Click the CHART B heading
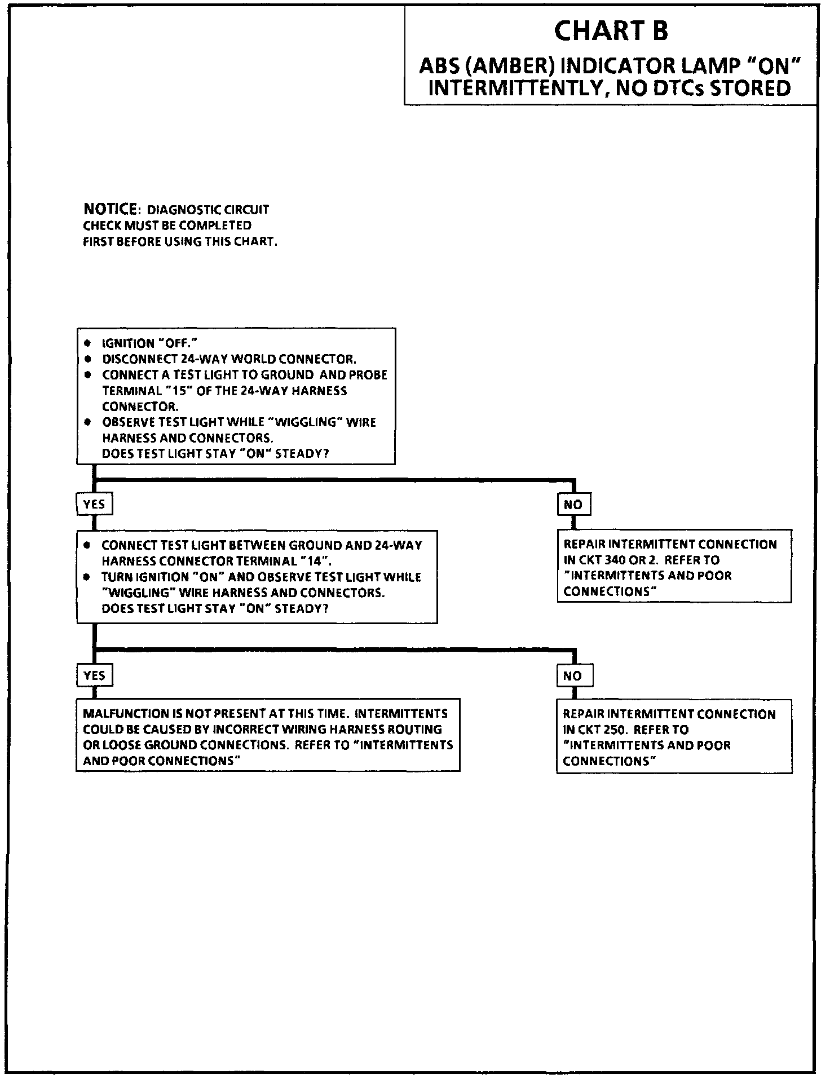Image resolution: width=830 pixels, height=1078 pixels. [611, 31]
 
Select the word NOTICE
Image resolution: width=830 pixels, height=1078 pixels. [110, 209]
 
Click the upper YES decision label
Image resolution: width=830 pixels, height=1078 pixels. [94, 504]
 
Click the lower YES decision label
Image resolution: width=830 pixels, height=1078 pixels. [94, 675]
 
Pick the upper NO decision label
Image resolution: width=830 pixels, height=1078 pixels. [573, 505]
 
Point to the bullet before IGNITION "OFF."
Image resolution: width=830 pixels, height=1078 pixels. [87, 343]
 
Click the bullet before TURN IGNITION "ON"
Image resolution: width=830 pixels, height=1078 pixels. [87, 577]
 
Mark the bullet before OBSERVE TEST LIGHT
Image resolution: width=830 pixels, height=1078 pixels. [87, 422]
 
